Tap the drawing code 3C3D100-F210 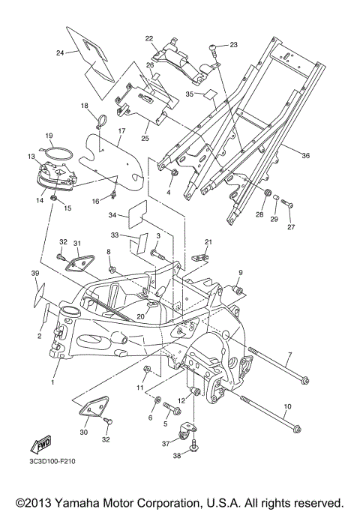pyautogui.click(x=51, y=462)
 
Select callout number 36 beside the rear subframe pyautogui.click(x=305, y=156)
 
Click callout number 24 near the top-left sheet pyautogui.click(x=60, y=52)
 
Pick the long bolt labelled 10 pyautogui.click(x=271, y=415)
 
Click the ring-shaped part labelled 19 pyautogui.click(x=58, y=154)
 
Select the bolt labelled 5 pyautogui.click(x=172, y=407)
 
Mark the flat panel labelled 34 pyautogui.click(x=137, y=214)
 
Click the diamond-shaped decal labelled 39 pyautogui.click(x=39, y=295)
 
